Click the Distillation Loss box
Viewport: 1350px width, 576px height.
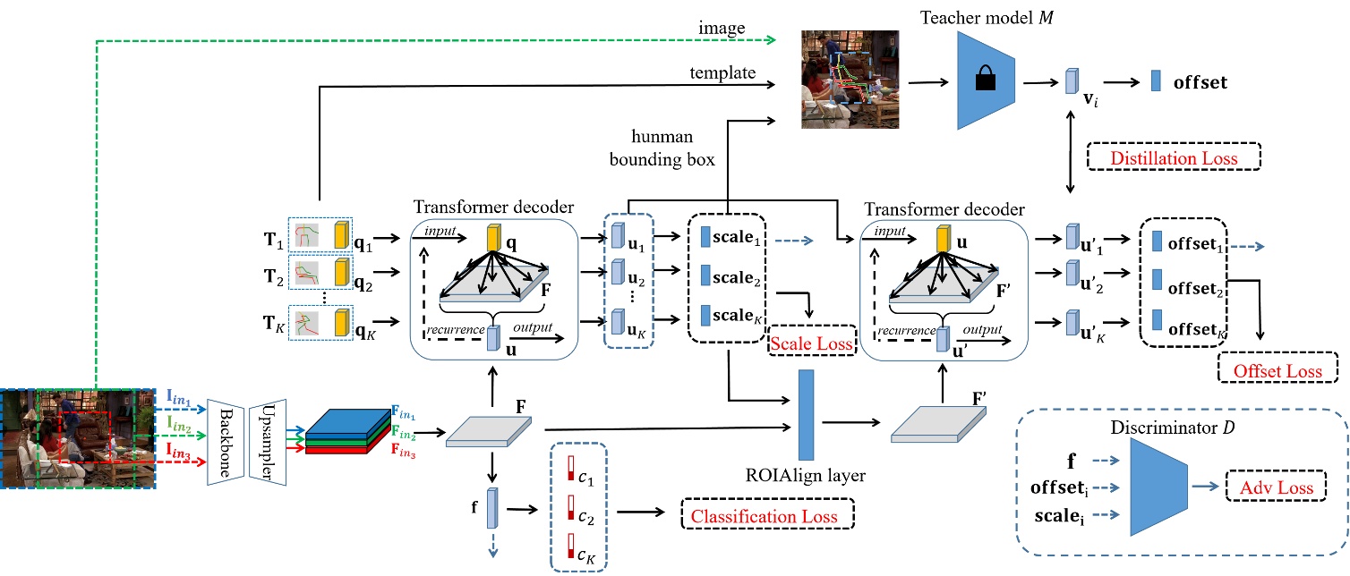[1173, 158]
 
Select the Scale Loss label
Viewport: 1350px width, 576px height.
[812, 342]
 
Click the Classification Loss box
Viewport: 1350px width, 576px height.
[768, 516]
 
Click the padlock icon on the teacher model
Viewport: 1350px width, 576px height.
[985, 81]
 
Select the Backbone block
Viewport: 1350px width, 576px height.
[225, 441]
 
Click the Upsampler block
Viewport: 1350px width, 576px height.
[267, 441]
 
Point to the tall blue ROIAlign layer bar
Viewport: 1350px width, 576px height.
[806, 413]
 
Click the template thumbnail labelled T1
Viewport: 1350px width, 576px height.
[306, 236]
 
